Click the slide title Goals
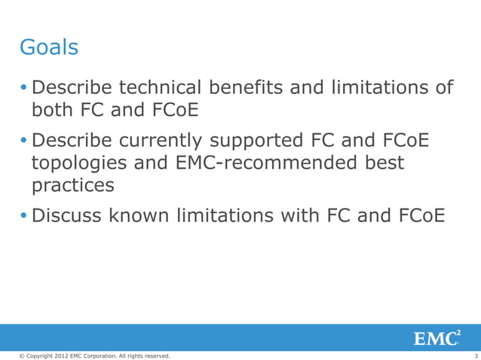click(x=48, y=48)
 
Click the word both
click(x=55, y=111)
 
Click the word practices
click(x=72, y=185)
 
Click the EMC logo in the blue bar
click(x=437, y=338)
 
